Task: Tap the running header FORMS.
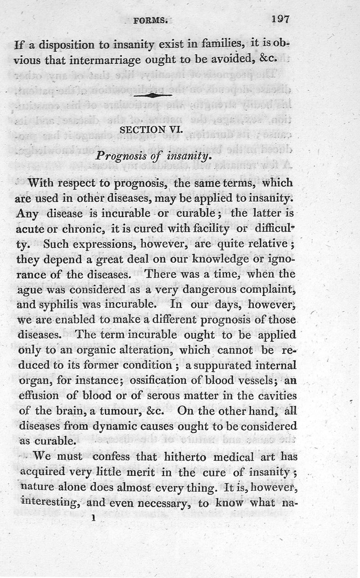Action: click(x=150, y=20)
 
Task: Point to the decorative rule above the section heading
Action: click(x=153, y=95)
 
